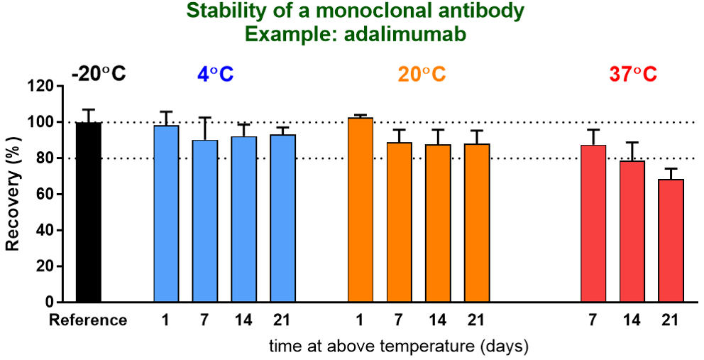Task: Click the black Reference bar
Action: pyautogui.click(x=88, y=212)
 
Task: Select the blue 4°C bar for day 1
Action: pyautogui.click(x=166, y=214)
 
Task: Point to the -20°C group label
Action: pyautogui.click(x=98, y=74)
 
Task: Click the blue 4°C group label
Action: pyautogui.click(x=215, y=74)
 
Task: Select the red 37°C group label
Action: pyautogui.click(x=632, y=74)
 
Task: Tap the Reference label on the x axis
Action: pyautogui.click(x=88, y=320)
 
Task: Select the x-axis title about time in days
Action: pyautogui.click(x=398, y=346)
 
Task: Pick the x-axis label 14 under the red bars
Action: pyautogui.click(x=632, y=320)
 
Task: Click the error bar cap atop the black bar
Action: pyautogui.click(x=88, y=109)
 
